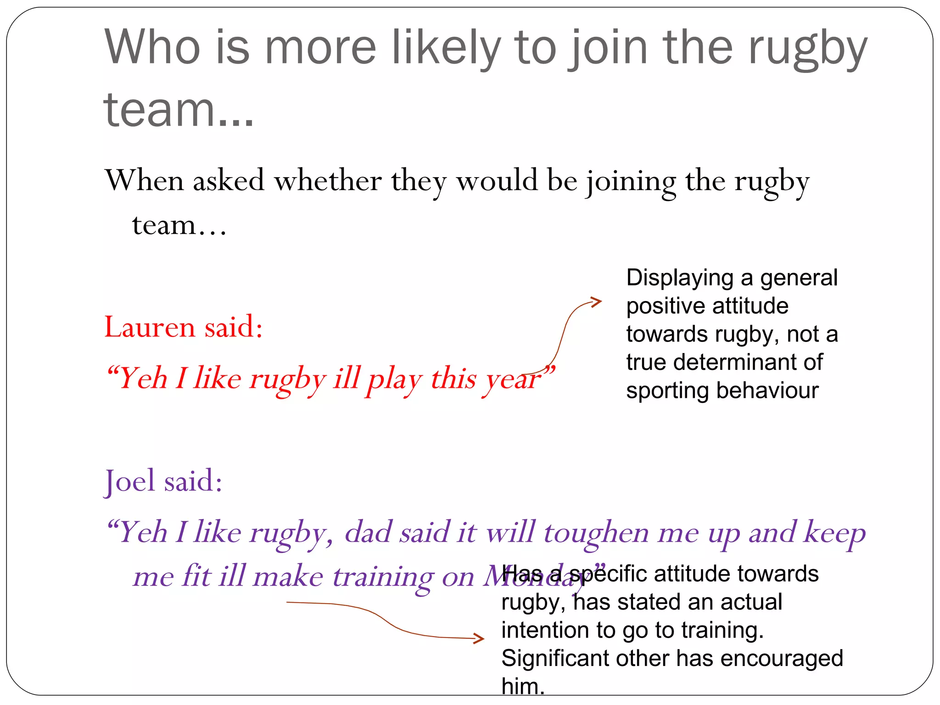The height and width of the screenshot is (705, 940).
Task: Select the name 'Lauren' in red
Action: click(150, 327)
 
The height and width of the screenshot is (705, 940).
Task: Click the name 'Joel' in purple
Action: click(130, 481)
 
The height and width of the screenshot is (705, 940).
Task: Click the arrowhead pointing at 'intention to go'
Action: click(479, 638)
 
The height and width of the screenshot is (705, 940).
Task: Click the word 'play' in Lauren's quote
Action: click(394, 380)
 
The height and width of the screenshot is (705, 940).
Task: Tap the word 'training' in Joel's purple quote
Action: click(382, 577)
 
